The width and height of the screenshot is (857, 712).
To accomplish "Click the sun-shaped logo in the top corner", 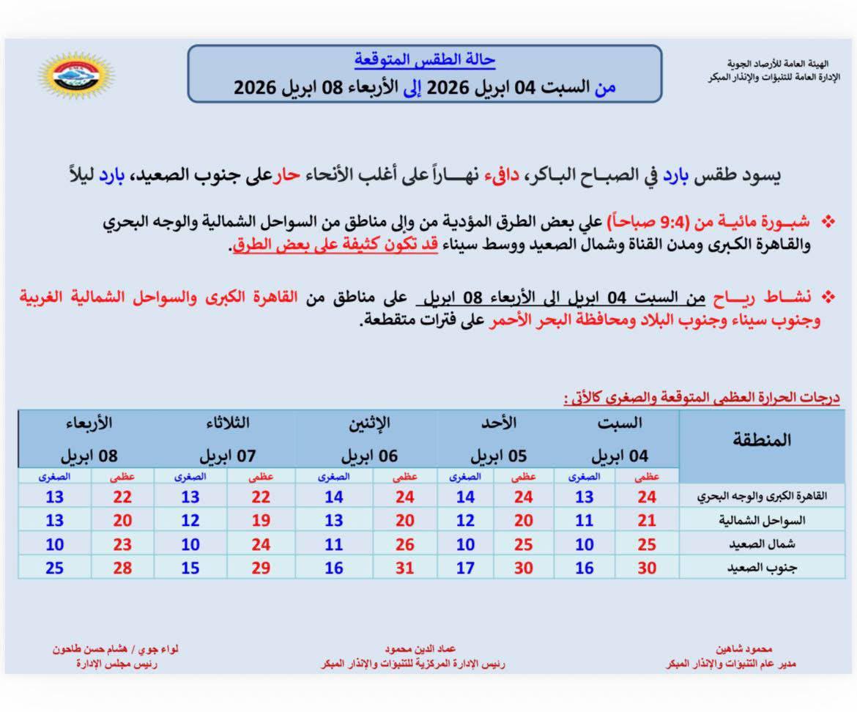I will tap(75, 75).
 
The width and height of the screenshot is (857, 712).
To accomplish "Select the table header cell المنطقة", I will tap(762, 440).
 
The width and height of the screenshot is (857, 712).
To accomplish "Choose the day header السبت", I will tap(620, 423).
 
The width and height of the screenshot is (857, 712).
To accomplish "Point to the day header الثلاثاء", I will tap(227, 423).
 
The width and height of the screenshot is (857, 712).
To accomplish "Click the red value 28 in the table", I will tap(122, 568).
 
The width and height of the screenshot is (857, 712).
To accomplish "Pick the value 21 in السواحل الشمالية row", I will tap(647, 520).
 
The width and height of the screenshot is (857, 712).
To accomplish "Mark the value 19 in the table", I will tap(260, 520).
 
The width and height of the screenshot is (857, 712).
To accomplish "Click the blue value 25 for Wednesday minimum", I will tap(54, 568).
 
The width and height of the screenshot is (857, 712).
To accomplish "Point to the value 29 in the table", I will tap(260, 568).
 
